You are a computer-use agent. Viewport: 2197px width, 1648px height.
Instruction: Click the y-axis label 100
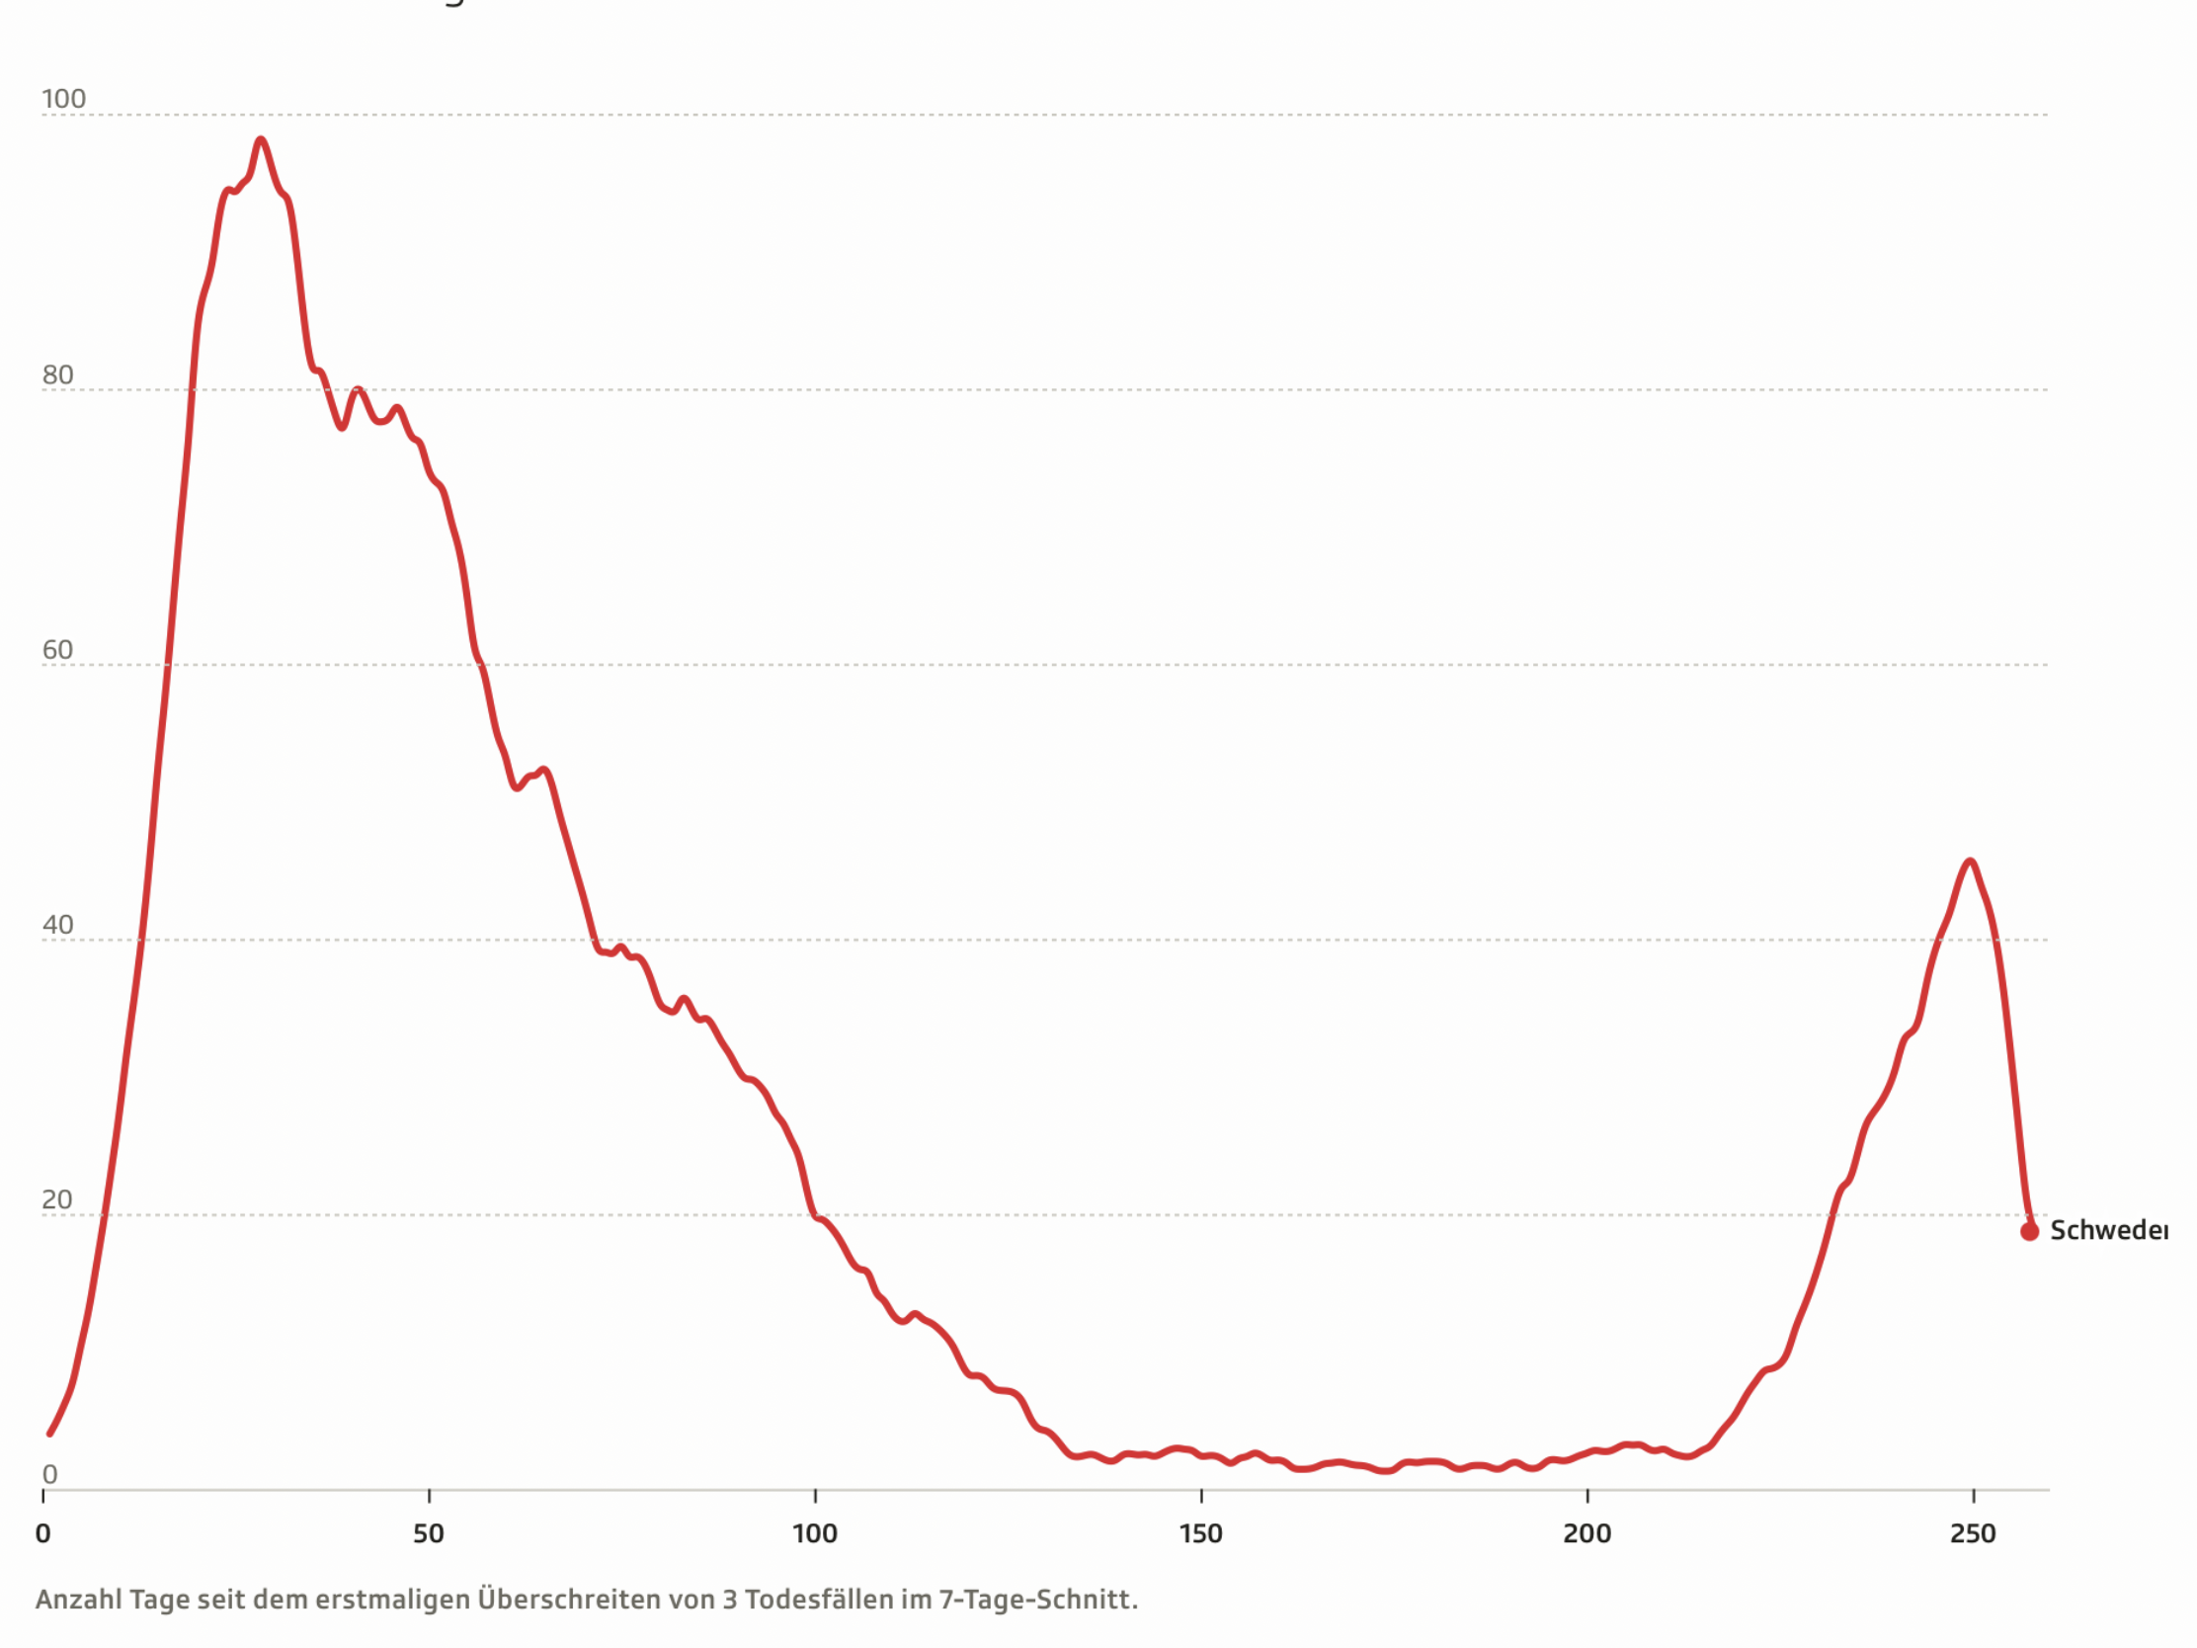click(x=63, y=100)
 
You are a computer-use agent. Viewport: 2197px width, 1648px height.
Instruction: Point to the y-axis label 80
click(x=57, y=374)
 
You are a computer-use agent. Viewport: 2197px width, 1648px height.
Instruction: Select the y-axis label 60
click(x=57, y=650)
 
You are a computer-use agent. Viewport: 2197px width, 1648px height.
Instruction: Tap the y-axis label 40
click(x=57, y=925)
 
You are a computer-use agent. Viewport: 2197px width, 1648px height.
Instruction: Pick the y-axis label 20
click(x=56, y=1200)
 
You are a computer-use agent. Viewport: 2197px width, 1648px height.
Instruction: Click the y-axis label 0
click(x=49, y=1474)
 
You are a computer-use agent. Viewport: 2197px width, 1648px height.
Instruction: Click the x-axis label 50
click(x=428, y=1533)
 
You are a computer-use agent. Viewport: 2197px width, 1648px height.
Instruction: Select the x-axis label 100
click(x=814, y=1533)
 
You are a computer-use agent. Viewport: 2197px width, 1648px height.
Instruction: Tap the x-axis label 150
click(x=1201, y=1533)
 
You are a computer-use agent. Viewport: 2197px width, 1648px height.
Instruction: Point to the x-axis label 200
click(x=1587, y=1533)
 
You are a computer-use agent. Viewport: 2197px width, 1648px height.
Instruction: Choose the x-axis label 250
click(x=1973, y=1533)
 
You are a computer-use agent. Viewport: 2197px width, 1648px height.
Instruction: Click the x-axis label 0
click(x=42, y=1533)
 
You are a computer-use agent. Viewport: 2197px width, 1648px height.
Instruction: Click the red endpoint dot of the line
click(x=2029, y=1232)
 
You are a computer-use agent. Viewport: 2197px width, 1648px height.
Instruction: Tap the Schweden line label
click(x=2109, y=1231)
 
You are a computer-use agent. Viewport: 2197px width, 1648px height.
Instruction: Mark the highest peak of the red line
click(x=260, y=140)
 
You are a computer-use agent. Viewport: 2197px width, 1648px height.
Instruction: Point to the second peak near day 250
click(x=1970, y=862)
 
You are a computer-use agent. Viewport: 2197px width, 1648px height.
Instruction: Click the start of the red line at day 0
click(x=49, y=1434)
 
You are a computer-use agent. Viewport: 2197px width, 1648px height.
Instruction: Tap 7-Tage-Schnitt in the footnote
click(x=1037, y=1601)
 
